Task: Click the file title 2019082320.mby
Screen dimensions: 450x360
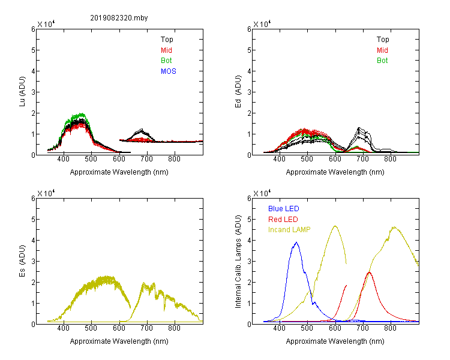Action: point(119,18)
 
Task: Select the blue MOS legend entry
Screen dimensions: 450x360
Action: point(169,71)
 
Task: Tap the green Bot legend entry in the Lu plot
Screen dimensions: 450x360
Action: point(166,61)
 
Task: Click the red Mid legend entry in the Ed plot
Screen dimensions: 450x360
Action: point(382,50)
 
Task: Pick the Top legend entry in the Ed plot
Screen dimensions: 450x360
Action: point(383,40)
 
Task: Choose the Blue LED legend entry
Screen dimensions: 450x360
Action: point(284,209)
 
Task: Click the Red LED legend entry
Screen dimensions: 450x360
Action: point(283,220)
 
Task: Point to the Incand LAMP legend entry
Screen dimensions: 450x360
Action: point(289,230)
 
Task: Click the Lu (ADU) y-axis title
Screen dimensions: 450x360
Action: point(22,92)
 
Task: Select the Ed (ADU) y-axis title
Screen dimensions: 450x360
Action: point(238,92)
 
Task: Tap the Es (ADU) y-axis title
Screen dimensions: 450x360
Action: point(22,261)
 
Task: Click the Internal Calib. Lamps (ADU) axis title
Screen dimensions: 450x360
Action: point(238,262)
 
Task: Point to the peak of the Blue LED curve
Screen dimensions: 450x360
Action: point(296,242)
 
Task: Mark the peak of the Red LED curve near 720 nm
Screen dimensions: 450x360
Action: point(370,272)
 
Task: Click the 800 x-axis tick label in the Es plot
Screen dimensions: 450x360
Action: point(174,328)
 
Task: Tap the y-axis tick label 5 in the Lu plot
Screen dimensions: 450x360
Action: point(33,50)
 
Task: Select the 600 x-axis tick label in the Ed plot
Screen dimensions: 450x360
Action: point(335,159)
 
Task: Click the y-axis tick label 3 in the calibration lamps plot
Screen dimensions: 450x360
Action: point(249,262)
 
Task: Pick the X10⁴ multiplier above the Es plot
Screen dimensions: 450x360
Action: point(46,193)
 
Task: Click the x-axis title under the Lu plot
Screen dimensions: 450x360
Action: point(119,172)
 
